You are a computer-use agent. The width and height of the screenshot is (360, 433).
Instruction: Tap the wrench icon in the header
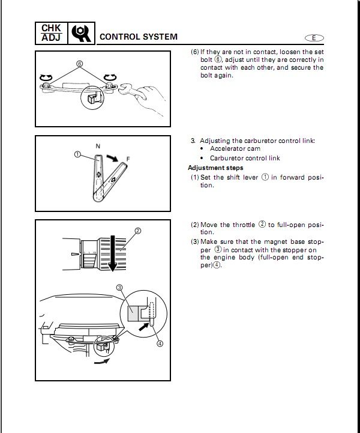pyautogui.click(x=81, y=34)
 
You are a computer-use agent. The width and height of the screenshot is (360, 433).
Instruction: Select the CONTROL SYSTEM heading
pyautogui.click(x=138, y=37)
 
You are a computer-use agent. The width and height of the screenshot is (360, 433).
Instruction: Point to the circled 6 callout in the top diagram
pyautogui.click(x=79, y=64)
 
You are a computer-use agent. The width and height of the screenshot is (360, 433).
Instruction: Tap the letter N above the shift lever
pyautogui.click(x=98, y=145)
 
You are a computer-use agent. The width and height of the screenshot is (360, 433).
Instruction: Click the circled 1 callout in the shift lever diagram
pyautogui.click(x=77, y=154)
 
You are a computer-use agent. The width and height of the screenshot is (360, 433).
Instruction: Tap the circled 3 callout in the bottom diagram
pyautogui.click(x=119, y=288)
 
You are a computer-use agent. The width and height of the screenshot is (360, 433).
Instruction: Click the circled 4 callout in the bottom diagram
pyautogui.click(x=160, y=344)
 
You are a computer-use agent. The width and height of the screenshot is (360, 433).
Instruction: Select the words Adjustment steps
pyautogui.click(x=215, y=168)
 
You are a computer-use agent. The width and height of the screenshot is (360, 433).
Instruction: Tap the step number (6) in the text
pyautogui.click(x=194, y=52)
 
